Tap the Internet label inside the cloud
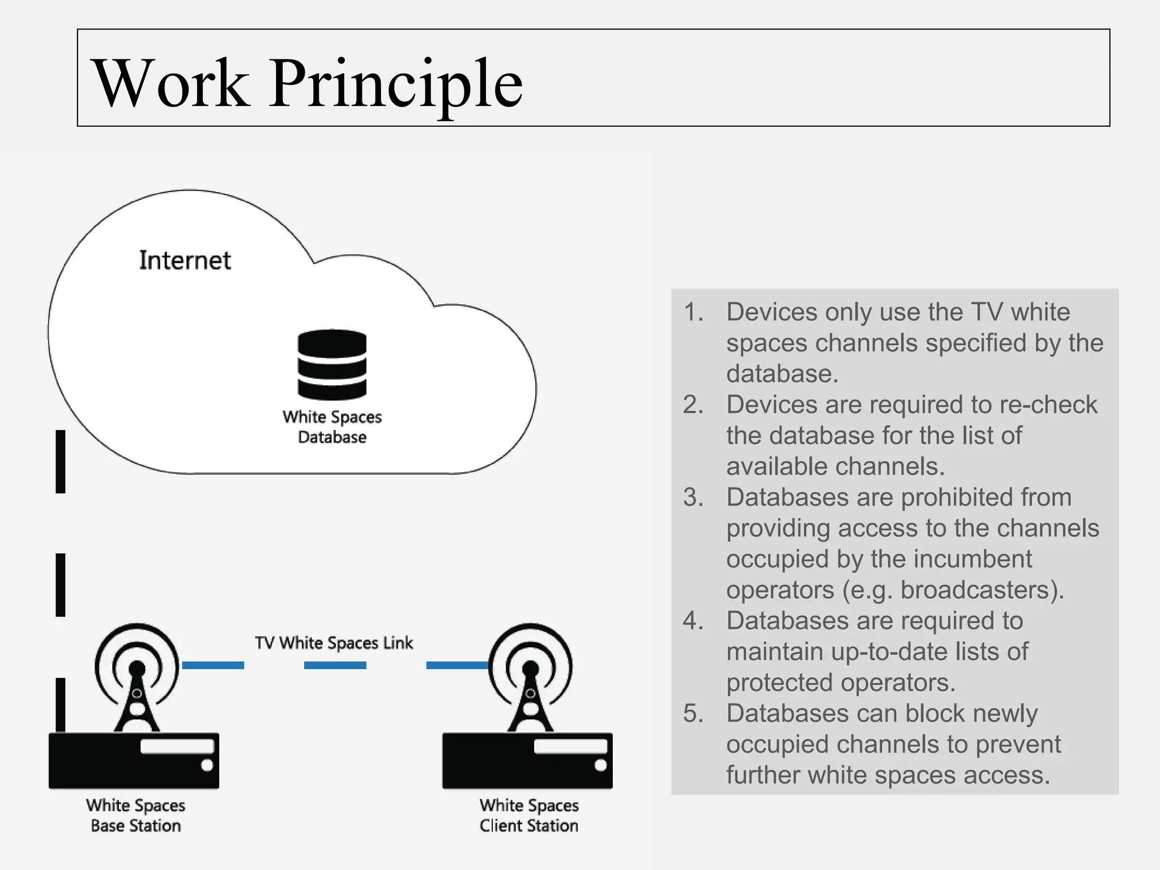click(x=185, y=261)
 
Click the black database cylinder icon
click(x=332, y=365)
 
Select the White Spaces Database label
click(x=332, y=427)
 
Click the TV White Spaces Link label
click(x=334, y=643)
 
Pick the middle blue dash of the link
click(x=335, y=666)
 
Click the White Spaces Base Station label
click(x=136, y=816)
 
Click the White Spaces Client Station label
click(x=529, y=816)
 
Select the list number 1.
click(x=693, y=312)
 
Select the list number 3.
click(x=693, y=497)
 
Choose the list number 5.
click(x=693, y=714)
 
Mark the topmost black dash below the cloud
click(x=61, y=462)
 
